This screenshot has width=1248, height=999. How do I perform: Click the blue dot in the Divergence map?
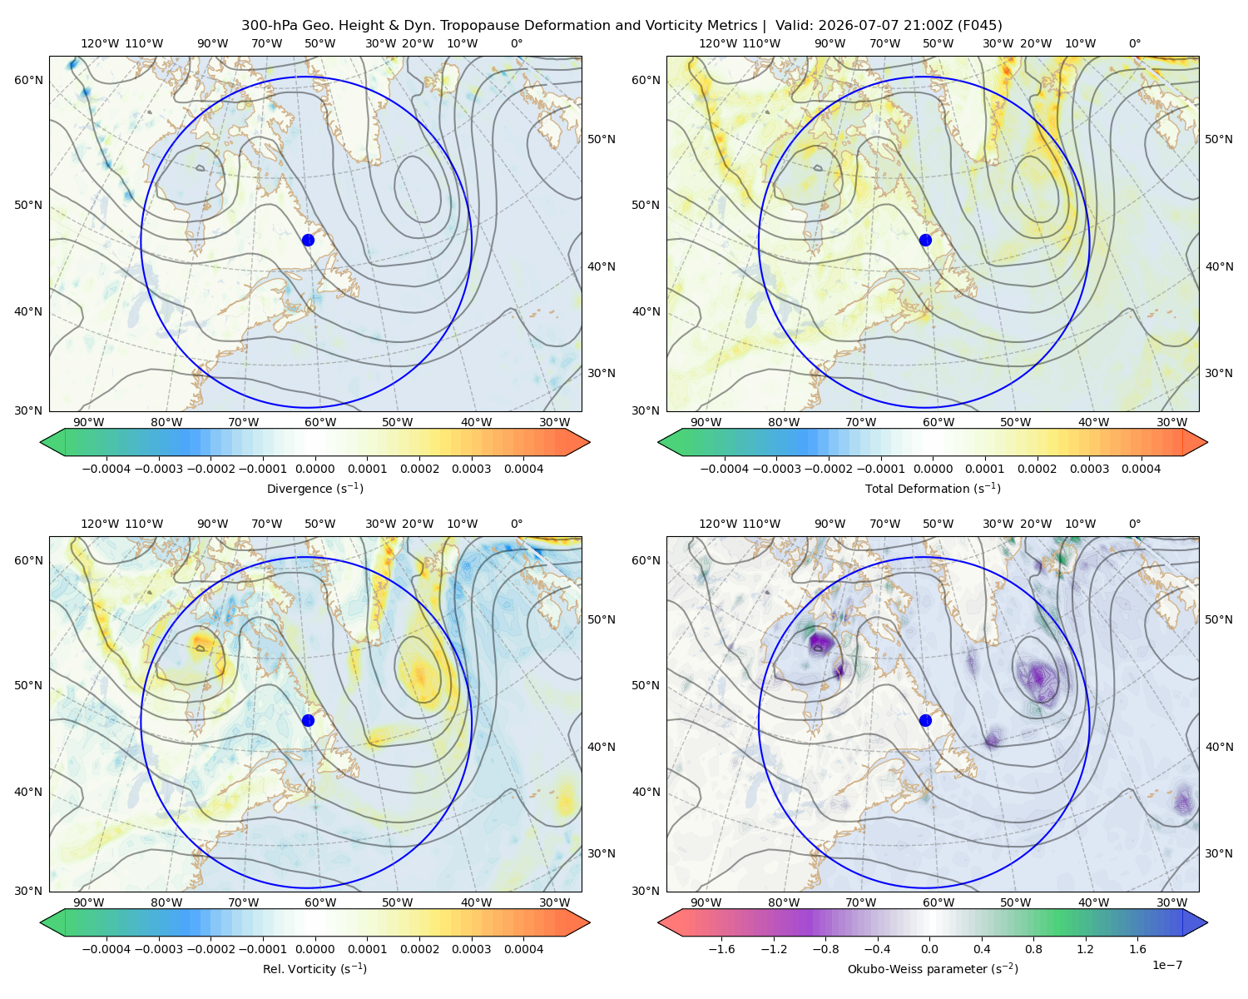click(308, 240)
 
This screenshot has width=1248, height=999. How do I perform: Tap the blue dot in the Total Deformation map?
click(925, 240)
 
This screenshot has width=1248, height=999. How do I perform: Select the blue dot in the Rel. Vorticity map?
click(308, 720)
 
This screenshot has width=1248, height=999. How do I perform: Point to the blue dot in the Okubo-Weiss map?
click(925, 720)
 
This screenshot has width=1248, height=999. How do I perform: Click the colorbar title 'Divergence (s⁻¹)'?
click(314, 488)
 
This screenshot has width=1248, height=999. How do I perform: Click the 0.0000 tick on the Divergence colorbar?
click(314, 469)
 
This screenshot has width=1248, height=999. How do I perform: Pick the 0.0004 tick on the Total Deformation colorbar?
click(1141, 469)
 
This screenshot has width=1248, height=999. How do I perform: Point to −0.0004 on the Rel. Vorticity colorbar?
click(106, 948)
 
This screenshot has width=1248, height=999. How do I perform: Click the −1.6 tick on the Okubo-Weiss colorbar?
click(721, 948)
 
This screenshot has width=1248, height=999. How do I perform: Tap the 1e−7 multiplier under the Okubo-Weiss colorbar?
click(1166, 965)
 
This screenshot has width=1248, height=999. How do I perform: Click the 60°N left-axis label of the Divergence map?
click(28, 80)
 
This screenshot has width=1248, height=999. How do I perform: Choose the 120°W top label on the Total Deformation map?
click(718, 43)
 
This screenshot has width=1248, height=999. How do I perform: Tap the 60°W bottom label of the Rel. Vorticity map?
click(320, 902)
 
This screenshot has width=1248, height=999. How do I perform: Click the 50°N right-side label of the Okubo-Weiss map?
click(1218, 619)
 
